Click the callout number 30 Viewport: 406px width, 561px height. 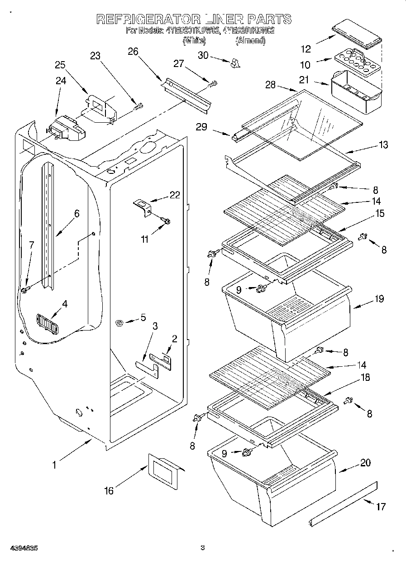click(204, 55)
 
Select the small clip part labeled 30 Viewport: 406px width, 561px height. click(234, 64)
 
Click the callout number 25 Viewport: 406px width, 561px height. click(60, 65)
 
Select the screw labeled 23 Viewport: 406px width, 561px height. click(139, 107)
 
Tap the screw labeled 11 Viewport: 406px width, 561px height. click(166, 221)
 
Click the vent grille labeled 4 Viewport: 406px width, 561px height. click(48, 323)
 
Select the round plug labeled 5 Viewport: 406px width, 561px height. click(120, 322)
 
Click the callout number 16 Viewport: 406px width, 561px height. click(109, 490)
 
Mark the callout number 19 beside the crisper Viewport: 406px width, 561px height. click(379, 299)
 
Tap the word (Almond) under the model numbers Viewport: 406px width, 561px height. click(250, 41)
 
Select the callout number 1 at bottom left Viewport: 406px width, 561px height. click(54, 465)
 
